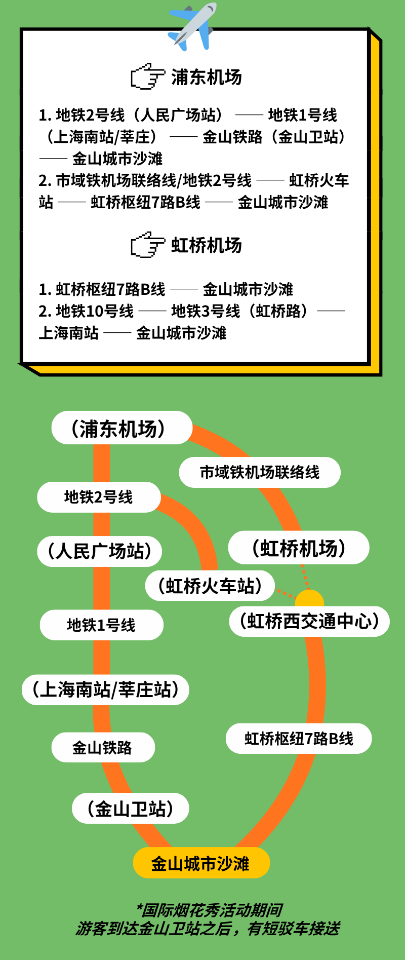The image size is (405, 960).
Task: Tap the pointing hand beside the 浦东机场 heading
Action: click(148, 76)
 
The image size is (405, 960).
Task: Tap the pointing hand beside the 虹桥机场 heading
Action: click(148, 245)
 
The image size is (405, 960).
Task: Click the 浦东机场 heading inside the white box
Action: click(207, 77)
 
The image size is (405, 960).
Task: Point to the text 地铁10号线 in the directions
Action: click(95, 311)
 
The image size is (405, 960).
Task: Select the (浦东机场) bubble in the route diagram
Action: click(122, 428)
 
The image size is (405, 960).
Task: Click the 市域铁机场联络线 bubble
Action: click(260, 472)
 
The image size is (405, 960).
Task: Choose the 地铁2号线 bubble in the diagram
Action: click(99, 497)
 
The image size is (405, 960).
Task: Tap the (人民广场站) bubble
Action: click(99, 551)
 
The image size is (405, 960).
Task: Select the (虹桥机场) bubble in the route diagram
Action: click(299, 548)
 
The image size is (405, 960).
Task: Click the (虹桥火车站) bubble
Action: click(210, 586)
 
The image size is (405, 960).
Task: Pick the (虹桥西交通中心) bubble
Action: click(309, 621)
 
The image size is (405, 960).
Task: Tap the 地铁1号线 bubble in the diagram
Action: click(101, 625)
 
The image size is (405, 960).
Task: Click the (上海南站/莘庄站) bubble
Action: click(105, 689)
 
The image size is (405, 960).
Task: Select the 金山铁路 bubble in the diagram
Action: click(103, 747)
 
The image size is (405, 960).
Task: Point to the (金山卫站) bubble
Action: click(131, 809)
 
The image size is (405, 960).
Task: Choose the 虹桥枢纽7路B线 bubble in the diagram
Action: click(299, 739)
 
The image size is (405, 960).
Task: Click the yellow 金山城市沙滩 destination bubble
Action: click(201, 863)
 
